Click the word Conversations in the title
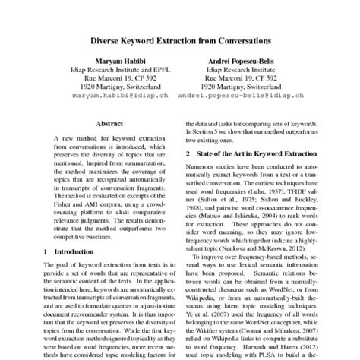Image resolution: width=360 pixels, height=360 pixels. [242, 38]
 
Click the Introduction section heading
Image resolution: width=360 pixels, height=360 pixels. [76, 250]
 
